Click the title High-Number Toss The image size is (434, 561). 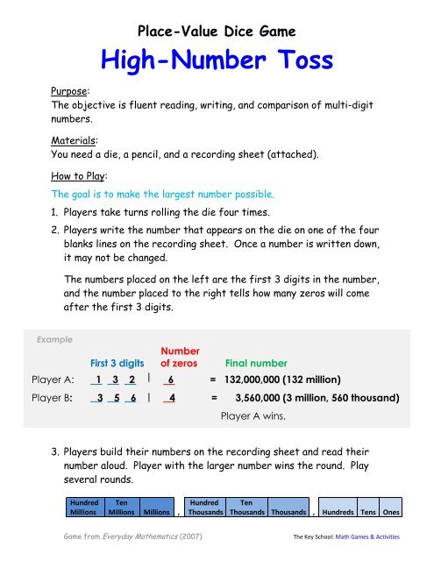point(217,60)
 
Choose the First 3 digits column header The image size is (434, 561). point(110,361)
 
